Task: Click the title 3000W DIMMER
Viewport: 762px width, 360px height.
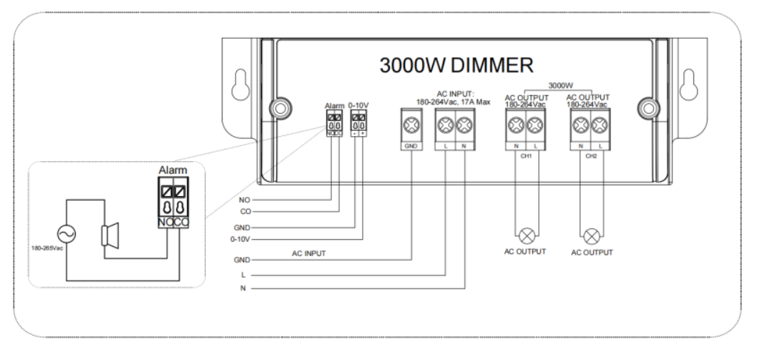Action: click(456, 66)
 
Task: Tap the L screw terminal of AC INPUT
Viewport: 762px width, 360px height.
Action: click(446, 127)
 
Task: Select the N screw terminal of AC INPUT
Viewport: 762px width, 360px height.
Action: click(464, 127)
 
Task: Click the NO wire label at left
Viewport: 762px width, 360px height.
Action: click(245, 200)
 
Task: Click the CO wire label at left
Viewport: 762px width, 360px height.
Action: click(245, 212)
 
